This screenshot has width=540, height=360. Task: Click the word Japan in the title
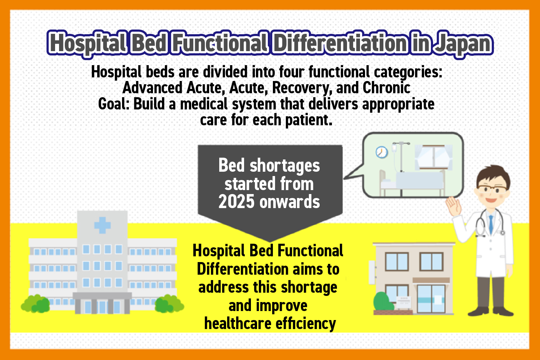tap(463, 44)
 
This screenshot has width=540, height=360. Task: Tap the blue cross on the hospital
tap(103, 225)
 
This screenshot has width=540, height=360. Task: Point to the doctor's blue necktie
tap(491, 225)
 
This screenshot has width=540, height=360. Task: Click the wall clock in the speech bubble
tap(382, 152)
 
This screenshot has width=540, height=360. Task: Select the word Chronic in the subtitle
tap(386, 87)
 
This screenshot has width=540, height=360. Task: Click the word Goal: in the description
tap(114, 104)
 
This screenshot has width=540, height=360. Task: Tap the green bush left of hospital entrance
tap(35, 303)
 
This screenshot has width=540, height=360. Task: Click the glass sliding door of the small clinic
tap(431, 299)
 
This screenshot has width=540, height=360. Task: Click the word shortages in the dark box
tap(285, 166)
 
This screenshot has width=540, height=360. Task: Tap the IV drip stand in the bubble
tap(401, 157)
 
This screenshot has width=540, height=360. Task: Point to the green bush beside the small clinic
tap(383, 301)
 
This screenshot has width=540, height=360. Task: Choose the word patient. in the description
tap(309, 120)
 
